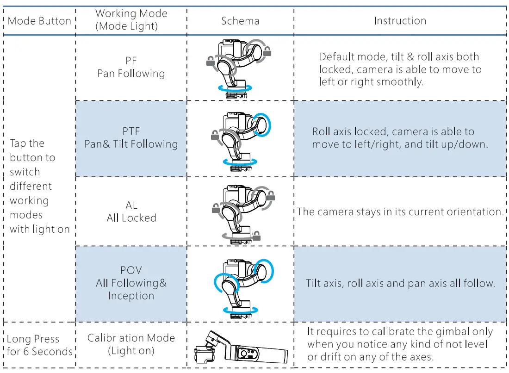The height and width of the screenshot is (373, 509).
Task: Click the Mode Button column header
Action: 39,21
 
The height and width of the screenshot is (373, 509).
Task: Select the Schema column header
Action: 240,21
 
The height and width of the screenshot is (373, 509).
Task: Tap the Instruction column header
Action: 400,21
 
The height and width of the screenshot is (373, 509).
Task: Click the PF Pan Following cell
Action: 131,68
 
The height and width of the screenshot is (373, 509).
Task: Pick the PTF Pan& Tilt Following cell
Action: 131,138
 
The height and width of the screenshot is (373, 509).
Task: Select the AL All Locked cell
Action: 131,211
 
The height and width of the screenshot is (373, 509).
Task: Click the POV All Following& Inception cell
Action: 131,283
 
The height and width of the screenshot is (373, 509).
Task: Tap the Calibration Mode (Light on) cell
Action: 131,344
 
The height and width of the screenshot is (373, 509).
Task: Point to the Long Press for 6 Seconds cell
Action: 39,345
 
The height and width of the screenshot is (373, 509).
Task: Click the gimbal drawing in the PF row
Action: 237,68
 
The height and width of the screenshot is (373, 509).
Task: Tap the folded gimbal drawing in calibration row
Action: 241,348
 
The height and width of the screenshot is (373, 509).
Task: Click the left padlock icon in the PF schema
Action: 211,60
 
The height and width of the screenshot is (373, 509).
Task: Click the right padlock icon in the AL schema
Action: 271,196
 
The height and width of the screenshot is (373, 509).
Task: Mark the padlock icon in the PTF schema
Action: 214,135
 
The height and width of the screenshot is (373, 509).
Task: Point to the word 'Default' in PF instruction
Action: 336,57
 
